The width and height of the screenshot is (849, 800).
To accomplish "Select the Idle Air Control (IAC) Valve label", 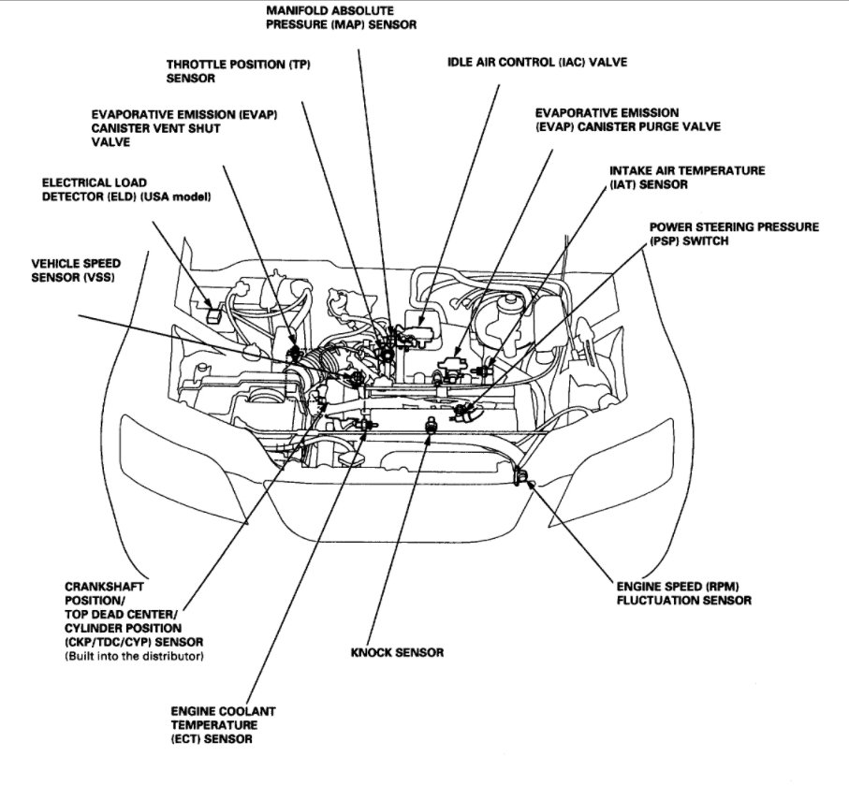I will (537, 62).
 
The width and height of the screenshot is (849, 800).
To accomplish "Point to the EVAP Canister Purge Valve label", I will (627, 120).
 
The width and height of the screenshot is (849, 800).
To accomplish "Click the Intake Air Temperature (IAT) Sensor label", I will (686, 178).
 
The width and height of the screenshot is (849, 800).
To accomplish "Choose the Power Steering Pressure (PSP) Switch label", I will (734, 234).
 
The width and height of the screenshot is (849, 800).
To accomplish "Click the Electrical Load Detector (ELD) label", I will (126, 189).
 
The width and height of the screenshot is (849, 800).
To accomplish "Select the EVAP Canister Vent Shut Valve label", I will (184, 128).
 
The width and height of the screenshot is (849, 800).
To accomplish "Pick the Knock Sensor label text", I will (397, 652).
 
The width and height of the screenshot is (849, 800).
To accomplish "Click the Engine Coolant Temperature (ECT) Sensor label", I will (223, 725).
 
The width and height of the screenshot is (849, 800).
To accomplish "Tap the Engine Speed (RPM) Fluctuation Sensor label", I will (683, 592).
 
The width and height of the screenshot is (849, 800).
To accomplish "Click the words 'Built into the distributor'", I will (134, 657).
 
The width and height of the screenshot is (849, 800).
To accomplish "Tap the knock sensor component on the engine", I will (431, 425).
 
